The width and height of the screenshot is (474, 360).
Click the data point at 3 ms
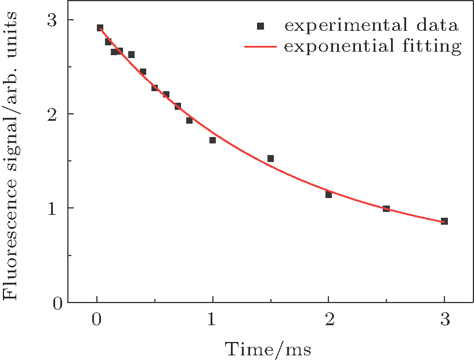coord(444,221)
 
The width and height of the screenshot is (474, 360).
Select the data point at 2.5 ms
coord(386,208)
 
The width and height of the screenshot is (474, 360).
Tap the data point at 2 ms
coord(328,195)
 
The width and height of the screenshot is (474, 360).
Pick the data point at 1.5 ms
coord(270,159)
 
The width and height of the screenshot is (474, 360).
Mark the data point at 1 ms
coord(212,140)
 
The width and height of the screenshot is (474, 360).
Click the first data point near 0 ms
coord(100,28)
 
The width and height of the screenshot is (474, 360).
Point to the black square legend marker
coord(260,26)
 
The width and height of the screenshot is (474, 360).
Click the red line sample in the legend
coord(260,46)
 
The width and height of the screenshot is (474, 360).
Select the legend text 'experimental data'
coord(371,26)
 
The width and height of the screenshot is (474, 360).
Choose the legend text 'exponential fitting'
coord(372,46)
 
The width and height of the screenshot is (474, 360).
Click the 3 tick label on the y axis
coord(54,20)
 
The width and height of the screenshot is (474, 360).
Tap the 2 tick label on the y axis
coord(54,114)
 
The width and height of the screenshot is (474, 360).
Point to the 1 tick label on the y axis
coord(54,208)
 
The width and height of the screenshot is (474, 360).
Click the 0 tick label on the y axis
coord(54,302)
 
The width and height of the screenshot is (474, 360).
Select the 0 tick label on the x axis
coord(97,319)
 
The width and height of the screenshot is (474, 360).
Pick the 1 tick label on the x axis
coord(212,319)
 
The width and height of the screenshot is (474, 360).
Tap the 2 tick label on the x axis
coord(328,319)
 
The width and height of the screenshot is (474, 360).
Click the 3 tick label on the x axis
coord(444,319)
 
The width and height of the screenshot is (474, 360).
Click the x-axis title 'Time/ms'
coord(268,349)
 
